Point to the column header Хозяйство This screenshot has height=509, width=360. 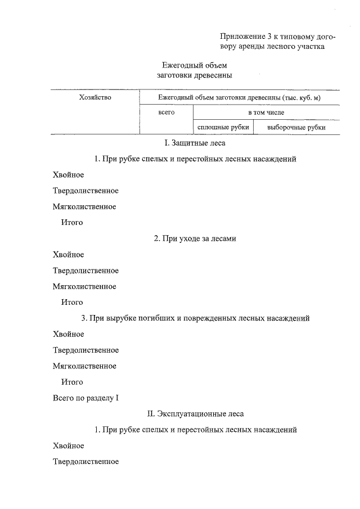[x=96, y=98]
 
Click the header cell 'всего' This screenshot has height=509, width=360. [x=166, y=112]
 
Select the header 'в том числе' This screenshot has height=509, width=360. [x=266, y=112]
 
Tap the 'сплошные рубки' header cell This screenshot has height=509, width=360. [x=223, y=128]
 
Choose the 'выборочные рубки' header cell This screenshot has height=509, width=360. [x=296, y=128]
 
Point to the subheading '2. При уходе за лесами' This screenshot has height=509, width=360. [x=195, y=239]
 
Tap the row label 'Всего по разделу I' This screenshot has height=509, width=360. [x=86, y=398]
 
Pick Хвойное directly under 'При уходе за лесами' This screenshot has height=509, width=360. [x=68, y=255]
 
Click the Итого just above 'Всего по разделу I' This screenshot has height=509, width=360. [x=72, y=382]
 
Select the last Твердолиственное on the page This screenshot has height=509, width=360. [x=85, y=462]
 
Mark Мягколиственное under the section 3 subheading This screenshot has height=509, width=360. [x=84, y=366]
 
